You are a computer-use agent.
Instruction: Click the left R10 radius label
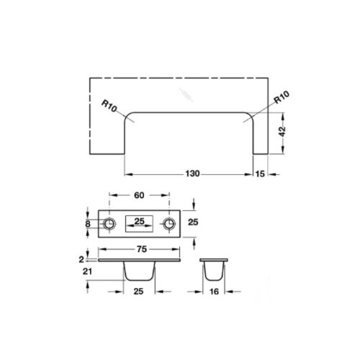[x=109, y=106]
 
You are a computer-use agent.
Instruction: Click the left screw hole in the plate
[x=110, y=225]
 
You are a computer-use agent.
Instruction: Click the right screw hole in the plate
[x=170, y=225]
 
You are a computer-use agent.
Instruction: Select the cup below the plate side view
[x=140, y=271]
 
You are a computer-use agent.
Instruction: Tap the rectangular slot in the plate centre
[x=140, y=225]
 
